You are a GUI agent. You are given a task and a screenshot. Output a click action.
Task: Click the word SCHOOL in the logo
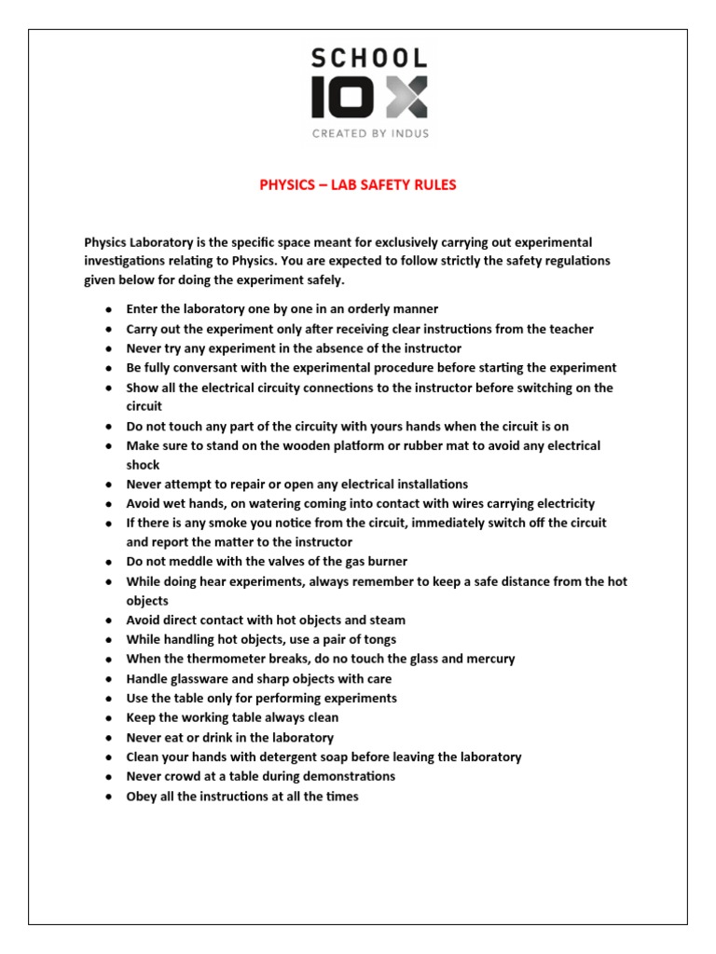coord(369,58)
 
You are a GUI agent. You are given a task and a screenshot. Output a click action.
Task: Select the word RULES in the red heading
coord(433,185)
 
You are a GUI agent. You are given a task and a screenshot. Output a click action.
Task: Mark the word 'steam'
coord(388,620)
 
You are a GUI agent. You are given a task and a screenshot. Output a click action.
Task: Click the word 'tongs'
coord(379,640)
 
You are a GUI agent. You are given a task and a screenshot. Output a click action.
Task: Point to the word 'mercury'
coord(490,660)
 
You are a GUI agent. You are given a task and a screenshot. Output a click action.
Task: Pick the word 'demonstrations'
coord(349,776)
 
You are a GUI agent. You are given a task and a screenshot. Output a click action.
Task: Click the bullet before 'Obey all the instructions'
coord(108,797)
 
